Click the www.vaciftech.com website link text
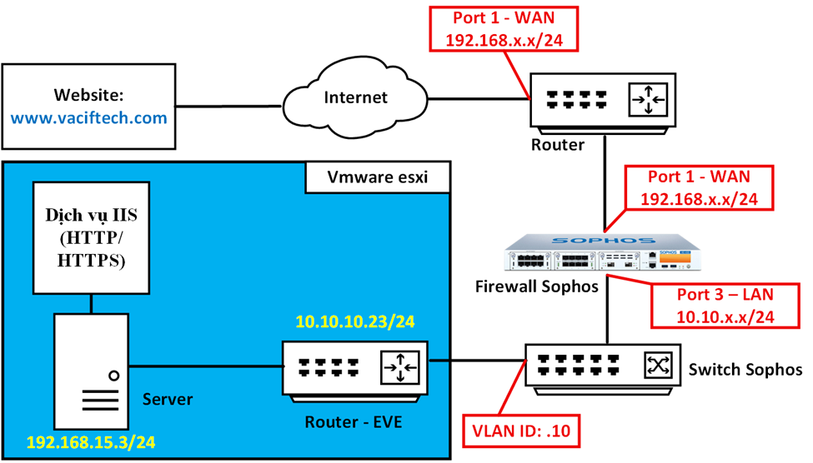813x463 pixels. pyautogui.click(x=88, y=117)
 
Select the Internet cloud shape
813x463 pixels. pyautogui.click(x=355, y=98)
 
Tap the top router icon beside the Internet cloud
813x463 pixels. pyautogui.click(x=603, y=102)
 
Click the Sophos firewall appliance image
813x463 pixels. pyautogui.click(x=603, y=251)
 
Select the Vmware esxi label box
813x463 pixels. pyautogui.click(x=376, y=177)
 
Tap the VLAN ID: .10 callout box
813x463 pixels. pyautogui.click(x=520, y=431)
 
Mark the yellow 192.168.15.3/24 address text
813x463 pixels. pyautogui.click(x=91, y=441)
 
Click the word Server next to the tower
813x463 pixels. pyautogui.click(x=167, y=400)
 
